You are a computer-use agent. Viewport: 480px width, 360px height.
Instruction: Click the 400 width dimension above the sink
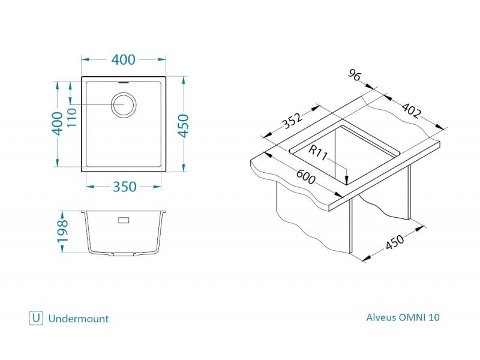123,59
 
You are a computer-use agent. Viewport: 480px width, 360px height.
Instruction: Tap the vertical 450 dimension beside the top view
183,126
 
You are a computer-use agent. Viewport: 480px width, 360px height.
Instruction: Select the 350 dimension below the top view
124,187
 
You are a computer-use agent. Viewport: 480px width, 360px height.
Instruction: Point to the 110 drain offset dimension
71,118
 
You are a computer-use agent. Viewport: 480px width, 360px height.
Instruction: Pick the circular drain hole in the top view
124,104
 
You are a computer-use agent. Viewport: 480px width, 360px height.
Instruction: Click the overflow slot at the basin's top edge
124,82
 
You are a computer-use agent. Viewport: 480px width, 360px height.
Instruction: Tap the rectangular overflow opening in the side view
124,220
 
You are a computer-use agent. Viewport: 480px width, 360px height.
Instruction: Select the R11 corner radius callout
318,152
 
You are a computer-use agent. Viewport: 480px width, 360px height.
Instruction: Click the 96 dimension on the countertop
355,75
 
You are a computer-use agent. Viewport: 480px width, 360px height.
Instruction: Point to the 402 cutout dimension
411,110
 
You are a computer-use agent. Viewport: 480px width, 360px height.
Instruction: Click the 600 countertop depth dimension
305,176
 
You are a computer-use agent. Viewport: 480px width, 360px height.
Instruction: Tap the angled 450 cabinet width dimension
395,242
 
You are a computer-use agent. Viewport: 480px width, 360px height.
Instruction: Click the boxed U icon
36,318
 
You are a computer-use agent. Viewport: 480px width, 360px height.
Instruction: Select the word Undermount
79,319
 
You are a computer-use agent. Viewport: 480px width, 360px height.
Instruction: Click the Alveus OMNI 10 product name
403,317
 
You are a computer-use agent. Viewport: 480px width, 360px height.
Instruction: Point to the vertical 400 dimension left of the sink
57,124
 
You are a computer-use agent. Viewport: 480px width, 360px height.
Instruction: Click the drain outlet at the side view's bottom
124,254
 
